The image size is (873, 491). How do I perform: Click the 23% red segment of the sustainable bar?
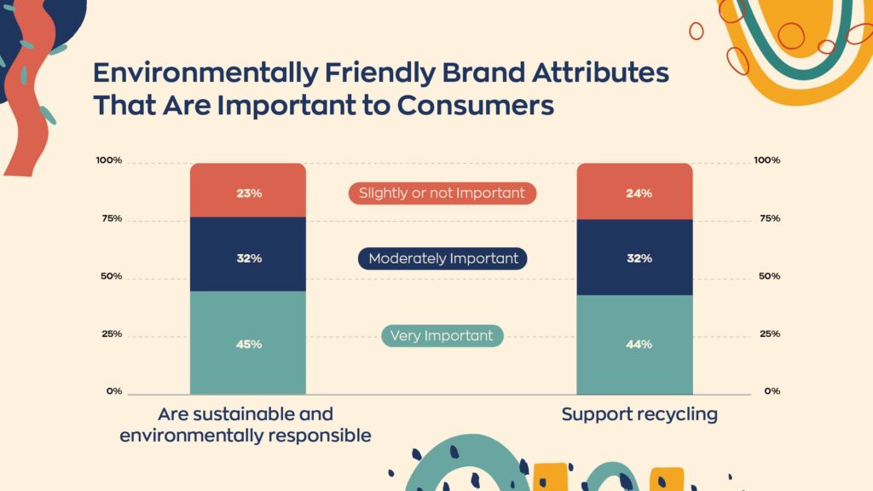pyautogui.click(x=248, y=190)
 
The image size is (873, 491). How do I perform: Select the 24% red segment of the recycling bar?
pyautogui.click(x=634, y=192)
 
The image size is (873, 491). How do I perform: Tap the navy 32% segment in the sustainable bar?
pyautogui.click(x=248, y=254)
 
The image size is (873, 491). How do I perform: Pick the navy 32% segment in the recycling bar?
pyautogui.click(x=634, y=257)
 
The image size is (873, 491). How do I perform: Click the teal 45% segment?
pyautogui.click(x=248, y=343)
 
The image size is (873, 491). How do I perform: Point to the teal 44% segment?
pyautogui.click(x=634, y=344)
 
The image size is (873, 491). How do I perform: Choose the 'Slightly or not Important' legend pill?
pyautogui.click(x=442, y=194)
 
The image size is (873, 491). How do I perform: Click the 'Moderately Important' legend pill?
pyautogui.click(x=442, y=258)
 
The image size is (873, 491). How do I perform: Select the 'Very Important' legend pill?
pyautogui.click(x=442, y=336)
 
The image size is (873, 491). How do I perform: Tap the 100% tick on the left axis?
pyautogui.click(x=108, y=160)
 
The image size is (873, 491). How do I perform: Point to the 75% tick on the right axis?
pyautogui.click(x=770, y=218)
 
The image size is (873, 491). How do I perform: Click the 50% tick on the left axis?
pyautogui.click(x=112, y=276)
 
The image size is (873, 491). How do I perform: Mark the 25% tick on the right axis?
pyautogui.click(x=770, y=334)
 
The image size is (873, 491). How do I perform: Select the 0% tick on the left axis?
pyautogui.click(x=114, y=391)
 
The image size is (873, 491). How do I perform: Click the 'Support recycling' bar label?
pyautogui.click(x=639, y=415)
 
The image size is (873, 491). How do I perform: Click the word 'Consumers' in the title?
pyautogui.click(x=476, y=105)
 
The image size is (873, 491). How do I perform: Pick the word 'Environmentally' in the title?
pyautogui.click(x=205, y=73)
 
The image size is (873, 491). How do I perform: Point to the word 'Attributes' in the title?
pyautogui.click(x=601, y=73)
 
